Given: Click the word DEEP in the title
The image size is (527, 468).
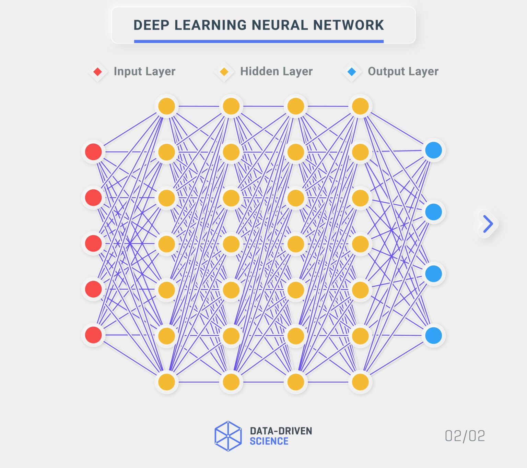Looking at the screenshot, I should [151, 25].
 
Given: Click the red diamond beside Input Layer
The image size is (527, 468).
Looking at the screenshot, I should [98, 72].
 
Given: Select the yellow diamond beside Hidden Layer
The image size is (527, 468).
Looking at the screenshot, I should [224, 72].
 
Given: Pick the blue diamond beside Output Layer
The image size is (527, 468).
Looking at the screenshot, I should [352, 72].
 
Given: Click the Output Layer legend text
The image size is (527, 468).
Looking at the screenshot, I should [403, 71].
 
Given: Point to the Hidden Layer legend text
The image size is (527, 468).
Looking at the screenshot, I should [276, 71].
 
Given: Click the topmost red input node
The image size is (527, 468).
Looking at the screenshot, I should [93, 152].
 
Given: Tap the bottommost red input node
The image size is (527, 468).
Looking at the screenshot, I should [93, 335].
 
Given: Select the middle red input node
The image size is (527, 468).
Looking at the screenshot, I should [93, 243].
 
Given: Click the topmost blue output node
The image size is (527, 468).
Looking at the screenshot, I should [433, 150].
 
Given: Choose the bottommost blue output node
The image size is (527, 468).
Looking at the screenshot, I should [433, 335].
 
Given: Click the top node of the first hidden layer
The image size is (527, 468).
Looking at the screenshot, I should [167, 106].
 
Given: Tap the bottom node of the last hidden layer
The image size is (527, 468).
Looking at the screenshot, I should [360, 382].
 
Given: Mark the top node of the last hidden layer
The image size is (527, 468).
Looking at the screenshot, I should [360, 106].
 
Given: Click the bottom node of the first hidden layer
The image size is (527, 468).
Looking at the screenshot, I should [167, 382].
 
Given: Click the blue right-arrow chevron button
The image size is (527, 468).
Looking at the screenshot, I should [488, 224].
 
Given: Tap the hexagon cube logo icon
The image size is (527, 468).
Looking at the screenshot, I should [228, 436].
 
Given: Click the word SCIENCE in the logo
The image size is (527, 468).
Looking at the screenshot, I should [269, 441].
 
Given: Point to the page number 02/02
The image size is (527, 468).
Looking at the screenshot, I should [465, 436].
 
